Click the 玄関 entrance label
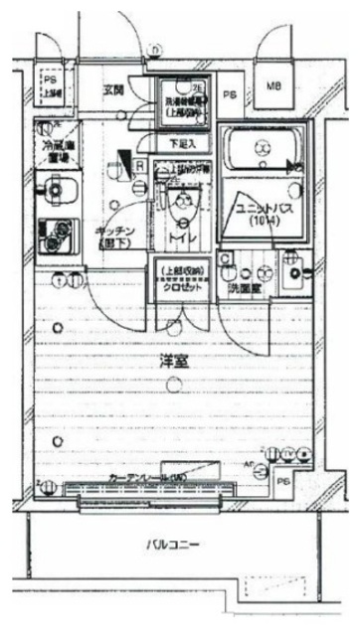click(x=111, y=90)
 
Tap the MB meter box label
click(x=272, y=87)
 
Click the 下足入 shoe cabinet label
click(x=179, y=143)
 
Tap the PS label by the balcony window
click(x=284, y=482)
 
